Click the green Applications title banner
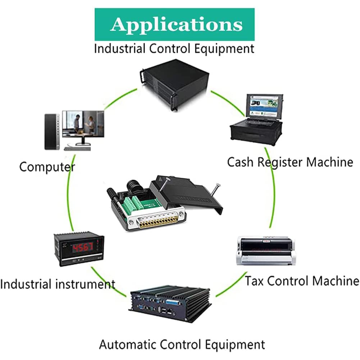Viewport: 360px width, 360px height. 174,24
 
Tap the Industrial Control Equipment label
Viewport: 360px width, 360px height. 174,49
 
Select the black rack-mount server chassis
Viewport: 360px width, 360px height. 174,85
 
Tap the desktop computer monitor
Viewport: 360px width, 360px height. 83,127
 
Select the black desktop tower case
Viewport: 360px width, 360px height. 52,132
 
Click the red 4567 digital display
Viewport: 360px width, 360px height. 83,247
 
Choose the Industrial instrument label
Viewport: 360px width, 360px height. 58,284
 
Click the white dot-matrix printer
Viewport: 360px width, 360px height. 266,251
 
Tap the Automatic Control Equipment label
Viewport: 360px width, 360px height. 182,345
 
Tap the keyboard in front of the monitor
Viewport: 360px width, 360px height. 77,149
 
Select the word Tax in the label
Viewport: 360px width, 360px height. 254,281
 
